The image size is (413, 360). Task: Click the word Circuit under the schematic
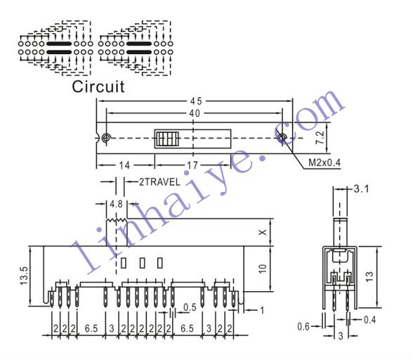[98, 86]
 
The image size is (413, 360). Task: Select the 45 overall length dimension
[195, 101]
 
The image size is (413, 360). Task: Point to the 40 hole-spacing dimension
[195, 113]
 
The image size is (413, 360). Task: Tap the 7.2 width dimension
[320, 137]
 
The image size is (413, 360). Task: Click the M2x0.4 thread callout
[324, 162]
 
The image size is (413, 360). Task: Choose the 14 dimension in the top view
[124, 165]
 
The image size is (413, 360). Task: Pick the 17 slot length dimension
[192, 165]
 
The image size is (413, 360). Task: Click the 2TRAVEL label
[159, 182]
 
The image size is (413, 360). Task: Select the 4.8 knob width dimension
[116, 204]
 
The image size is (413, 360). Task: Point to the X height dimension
[263, 232]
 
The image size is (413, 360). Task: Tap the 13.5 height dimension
[25, 276]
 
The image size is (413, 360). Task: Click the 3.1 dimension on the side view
[361, 189]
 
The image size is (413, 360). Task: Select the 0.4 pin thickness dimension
[369, 320]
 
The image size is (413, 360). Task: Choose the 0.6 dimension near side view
[303, 326]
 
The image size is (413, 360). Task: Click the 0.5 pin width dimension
[190, 307]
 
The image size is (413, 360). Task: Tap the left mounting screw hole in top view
[106, 137]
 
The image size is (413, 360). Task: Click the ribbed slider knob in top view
[167, 139]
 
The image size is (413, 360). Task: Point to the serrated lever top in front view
[117, 219]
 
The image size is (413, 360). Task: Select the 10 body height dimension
[263, 269]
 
